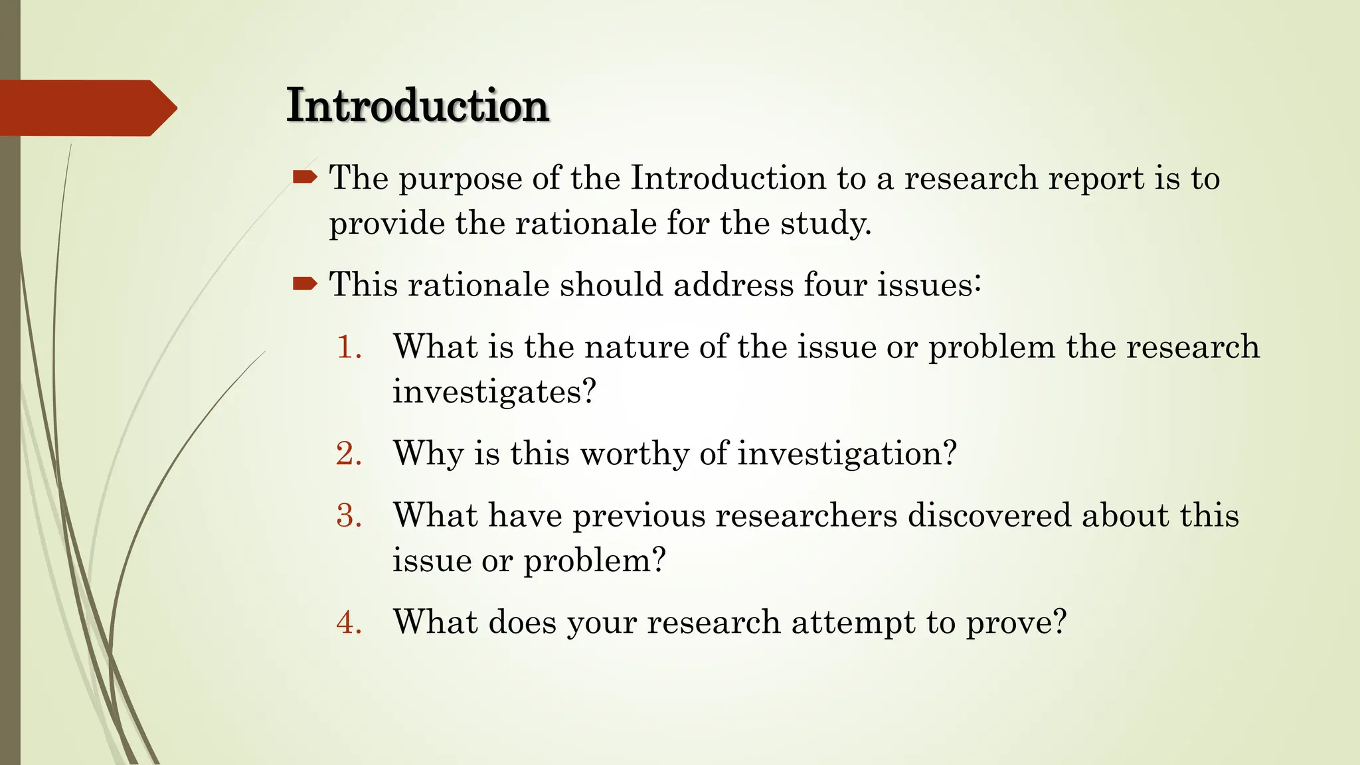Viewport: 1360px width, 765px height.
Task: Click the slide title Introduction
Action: (417, 106)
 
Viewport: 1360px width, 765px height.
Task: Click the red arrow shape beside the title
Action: (86, 108)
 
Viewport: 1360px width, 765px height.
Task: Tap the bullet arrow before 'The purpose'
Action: (305, 177)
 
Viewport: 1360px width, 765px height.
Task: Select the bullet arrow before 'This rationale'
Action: (305, 284)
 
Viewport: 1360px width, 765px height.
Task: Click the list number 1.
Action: (349, 347)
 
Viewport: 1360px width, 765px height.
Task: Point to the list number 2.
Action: (349, 454)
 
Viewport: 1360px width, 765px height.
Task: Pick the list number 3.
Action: (349, 516)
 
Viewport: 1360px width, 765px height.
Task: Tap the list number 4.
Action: (349, 623)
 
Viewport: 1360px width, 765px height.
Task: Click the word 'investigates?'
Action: (494, 392)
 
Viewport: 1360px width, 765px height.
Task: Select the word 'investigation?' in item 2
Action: (847, 455)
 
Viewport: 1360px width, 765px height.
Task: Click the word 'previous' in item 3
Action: (638, 517)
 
